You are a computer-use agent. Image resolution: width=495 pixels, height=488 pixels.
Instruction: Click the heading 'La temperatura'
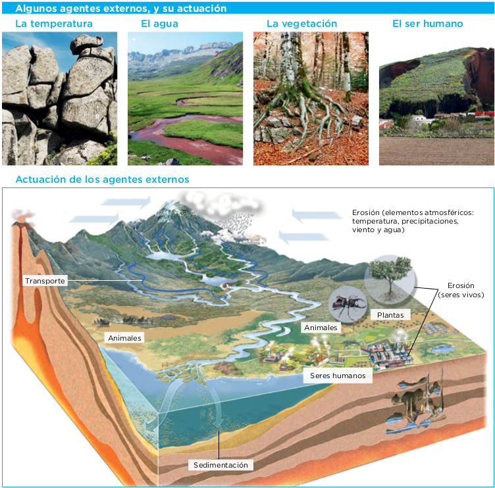point(54,24)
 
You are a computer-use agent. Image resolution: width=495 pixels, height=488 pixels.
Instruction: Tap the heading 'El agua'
point(159,24)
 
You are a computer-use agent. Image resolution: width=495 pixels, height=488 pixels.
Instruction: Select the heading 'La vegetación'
point(301,24)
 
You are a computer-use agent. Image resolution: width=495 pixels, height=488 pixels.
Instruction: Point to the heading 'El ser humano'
point(428,24)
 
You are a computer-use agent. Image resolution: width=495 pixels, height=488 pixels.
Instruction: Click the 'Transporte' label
point(45,281)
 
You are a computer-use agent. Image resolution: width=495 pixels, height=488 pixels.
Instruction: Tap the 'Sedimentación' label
point(221,465)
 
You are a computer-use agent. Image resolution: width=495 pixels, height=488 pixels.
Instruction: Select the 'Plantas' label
point(390,315)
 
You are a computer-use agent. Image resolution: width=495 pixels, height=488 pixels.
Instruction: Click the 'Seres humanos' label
point(338,376)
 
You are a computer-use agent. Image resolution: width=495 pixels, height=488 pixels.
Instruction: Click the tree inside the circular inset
point(390,278)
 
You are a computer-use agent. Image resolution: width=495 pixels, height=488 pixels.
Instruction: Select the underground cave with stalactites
point(416,401)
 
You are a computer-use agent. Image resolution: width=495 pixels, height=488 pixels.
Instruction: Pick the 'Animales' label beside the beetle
point(321,328)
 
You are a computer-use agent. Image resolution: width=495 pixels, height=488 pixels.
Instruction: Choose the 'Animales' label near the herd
point(124,338)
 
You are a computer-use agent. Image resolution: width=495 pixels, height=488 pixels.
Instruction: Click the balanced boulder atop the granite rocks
point(86,43)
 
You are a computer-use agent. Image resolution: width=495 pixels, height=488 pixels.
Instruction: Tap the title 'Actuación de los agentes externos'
point(102,180)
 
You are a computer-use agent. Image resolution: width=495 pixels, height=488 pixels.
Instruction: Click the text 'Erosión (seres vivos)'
point(461,290)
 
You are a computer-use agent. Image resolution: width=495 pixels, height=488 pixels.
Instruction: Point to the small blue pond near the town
point(443,349)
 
